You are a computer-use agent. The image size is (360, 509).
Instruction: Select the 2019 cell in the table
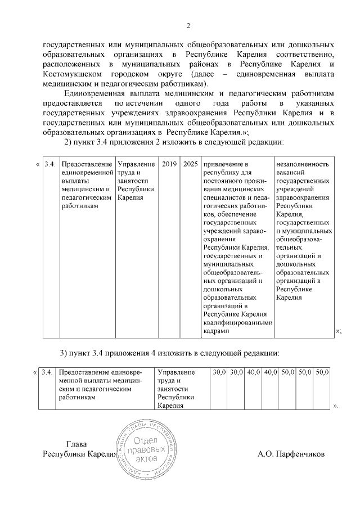click(169, 164)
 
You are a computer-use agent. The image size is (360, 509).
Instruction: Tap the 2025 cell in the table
click(191, 164)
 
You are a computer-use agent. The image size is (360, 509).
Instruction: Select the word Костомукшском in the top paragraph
click(69, 74)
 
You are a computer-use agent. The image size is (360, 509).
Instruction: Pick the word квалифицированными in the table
click(238, 323)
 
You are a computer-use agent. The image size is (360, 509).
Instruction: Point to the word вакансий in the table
click(292, 173)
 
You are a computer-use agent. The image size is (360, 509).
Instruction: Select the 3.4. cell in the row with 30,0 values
click(47, 372)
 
